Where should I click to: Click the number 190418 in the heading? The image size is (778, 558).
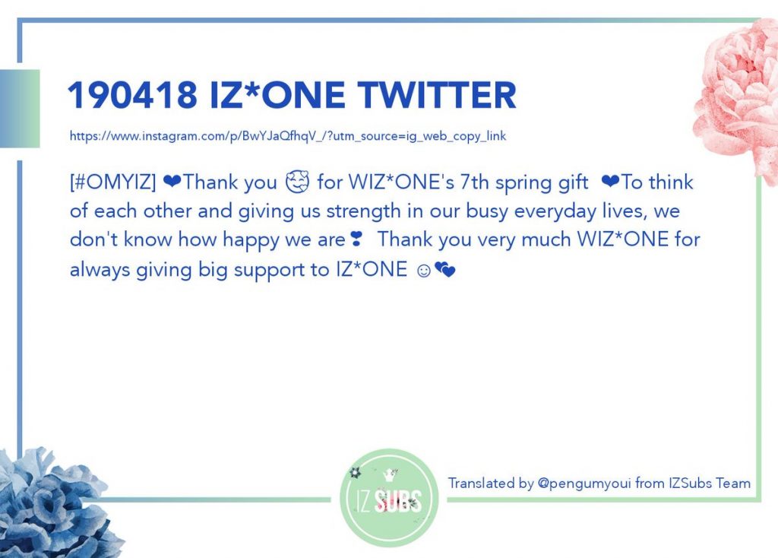click(132, 95)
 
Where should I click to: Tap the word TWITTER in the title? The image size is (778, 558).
click(437, 95)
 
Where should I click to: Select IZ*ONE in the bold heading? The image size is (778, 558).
click(277, 95)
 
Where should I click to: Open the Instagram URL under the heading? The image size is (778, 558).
click(288, 136)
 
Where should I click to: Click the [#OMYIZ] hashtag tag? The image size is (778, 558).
click(112, 182)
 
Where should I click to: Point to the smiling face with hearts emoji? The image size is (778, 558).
click(297, 182)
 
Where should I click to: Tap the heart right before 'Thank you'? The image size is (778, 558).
click(172, 182)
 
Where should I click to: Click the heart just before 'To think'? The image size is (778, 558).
click(610, 182)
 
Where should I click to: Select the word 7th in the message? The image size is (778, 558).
click(474, 182)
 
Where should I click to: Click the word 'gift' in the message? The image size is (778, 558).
click(573, 183)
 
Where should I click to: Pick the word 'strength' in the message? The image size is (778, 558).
click(363, 211)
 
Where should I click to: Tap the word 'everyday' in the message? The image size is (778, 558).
click(555, 211)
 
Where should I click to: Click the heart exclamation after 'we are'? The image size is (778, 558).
click(356, 239)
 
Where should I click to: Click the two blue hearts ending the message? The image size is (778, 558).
click(444, 270)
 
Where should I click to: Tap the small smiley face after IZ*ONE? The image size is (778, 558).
click(424, 271)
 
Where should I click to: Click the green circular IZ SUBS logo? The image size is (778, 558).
click(389, 498)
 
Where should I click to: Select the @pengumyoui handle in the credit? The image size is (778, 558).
click(584, 483)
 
